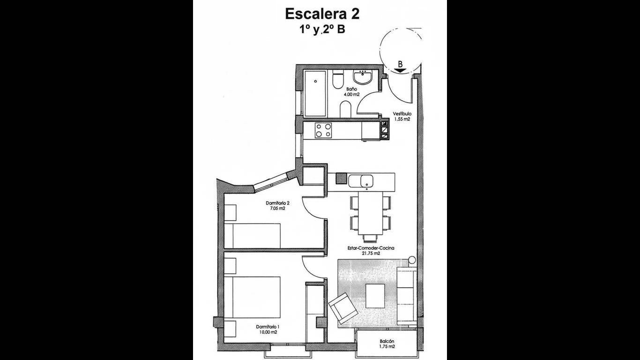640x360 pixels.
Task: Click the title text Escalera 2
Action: coord(322,14)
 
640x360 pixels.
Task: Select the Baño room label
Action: coord(351,89)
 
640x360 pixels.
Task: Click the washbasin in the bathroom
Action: coord(363,77)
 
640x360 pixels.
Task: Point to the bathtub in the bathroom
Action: coord(315,94)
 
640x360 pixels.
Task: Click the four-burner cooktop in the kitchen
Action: coord(323,130)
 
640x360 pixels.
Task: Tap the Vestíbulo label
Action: coord(402,113)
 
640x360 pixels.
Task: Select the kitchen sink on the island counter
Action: coord(361,181)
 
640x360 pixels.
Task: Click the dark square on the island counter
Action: coord(341,179)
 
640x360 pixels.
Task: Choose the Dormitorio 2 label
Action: coord(277,203)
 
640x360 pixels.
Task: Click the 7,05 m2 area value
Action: coord(277,209)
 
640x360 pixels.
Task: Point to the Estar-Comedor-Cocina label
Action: coord(371,248)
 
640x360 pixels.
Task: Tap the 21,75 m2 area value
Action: coord(371,253)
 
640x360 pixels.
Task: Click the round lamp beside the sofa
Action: coord(412,260)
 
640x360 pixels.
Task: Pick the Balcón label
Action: coord(387,341)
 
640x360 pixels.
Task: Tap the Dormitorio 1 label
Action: coord(268,327)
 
